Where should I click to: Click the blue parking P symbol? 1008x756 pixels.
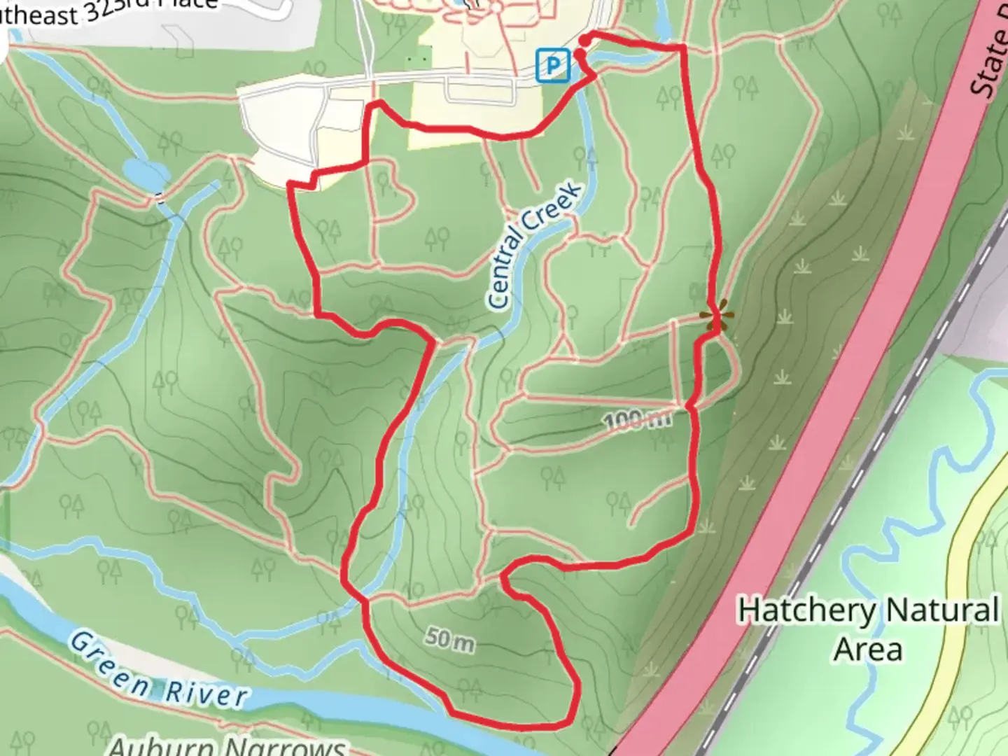tap(553, 67)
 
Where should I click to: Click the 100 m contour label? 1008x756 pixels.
tap(637, 420)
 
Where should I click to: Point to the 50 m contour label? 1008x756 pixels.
tap(449, 638)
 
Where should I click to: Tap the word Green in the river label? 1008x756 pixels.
tap(109, 662)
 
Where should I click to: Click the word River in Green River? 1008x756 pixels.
tap(206, 692)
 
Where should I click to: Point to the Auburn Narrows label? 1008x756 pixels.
tap(227, 746)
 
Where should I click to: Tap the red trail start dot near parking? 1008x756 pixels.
tap(583, 41)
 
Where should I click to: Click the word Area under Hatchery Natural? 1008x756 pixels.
tap(867, 649)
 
